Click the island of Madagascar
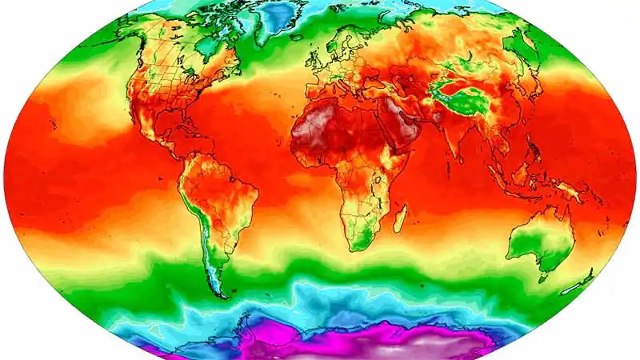[399, 217]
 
